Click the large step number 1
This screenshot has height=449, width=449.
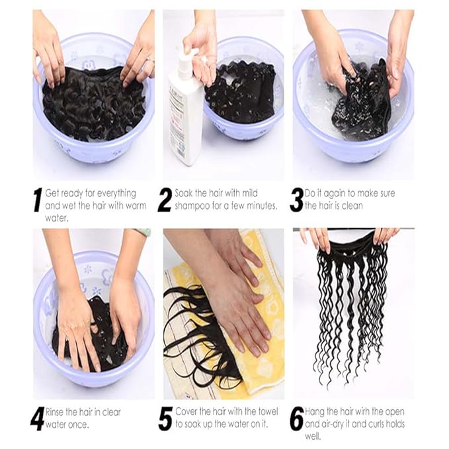(38, 200)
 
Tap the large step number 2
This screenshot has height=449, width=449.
(165, 200)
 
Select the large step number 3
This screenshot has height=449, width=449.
(296, 200)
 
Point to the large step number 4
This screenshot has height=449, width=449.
(38, 418)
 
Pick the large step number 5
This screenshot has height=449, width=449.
(165, 418)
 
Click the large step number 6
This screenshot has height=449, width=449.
(297, 418)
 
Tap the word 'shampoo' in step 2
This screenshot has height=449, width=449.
(193, 206)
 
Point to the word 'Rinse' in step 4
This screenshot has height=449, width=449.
(58, 412)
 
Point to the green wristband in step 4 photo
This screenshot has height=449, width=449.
(143, 232)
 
